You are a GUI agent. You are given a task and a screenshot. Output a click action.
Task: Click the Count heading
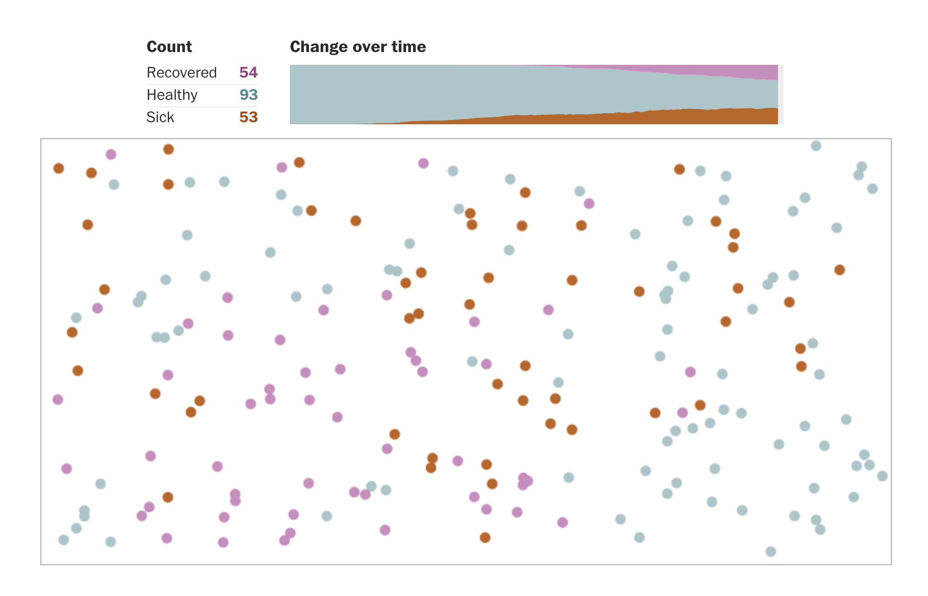(169, 47)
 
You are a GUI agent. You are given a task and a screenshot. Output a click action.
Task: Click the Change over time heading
(357, 47)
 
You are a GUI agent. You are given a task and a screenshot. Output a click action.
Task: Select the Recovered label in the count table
(182, 72)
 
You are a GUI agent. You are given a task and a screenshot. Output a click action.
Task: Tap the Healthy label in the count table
(171, 95)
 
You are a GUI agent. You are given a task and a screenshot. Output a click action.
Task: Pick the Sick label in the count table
(160, 117)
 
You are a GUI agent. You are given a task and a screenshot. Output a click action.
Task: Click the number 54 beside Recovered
(248, 72)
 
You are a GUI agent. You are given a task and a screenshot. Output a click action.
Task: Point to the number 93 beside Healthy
(248, 95)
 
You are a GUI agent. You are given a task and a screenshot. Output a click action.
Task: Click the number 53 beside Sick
(248, 117)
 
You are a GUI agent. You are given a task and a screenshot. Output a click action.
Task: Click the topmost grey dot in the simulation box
(816, 146)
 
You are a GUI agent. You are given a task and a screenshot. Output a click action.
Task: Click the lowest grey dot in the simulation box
(771, 551)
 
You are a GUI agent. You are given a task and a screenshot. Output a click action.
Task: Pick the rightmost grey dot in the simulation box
(882, 476)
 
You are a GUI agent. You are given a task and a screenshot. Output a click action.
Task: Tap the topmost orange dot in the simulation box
(168, 149)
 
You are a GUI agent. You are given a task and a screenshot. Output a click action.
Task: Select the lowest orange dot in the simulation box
(485, 538)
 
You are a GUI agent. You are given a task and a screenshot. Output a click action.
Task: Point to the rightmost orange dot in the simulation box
(839, 270)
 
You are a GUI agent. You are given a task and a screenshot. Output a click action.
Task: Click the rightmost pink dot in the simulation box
(690, 372)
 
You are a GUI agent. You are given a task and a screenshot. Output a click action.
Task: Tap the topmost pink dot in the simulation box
(110, 155)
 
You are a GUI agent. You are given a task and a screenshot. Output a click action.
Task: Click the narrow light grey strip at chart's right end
(780, 95)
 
